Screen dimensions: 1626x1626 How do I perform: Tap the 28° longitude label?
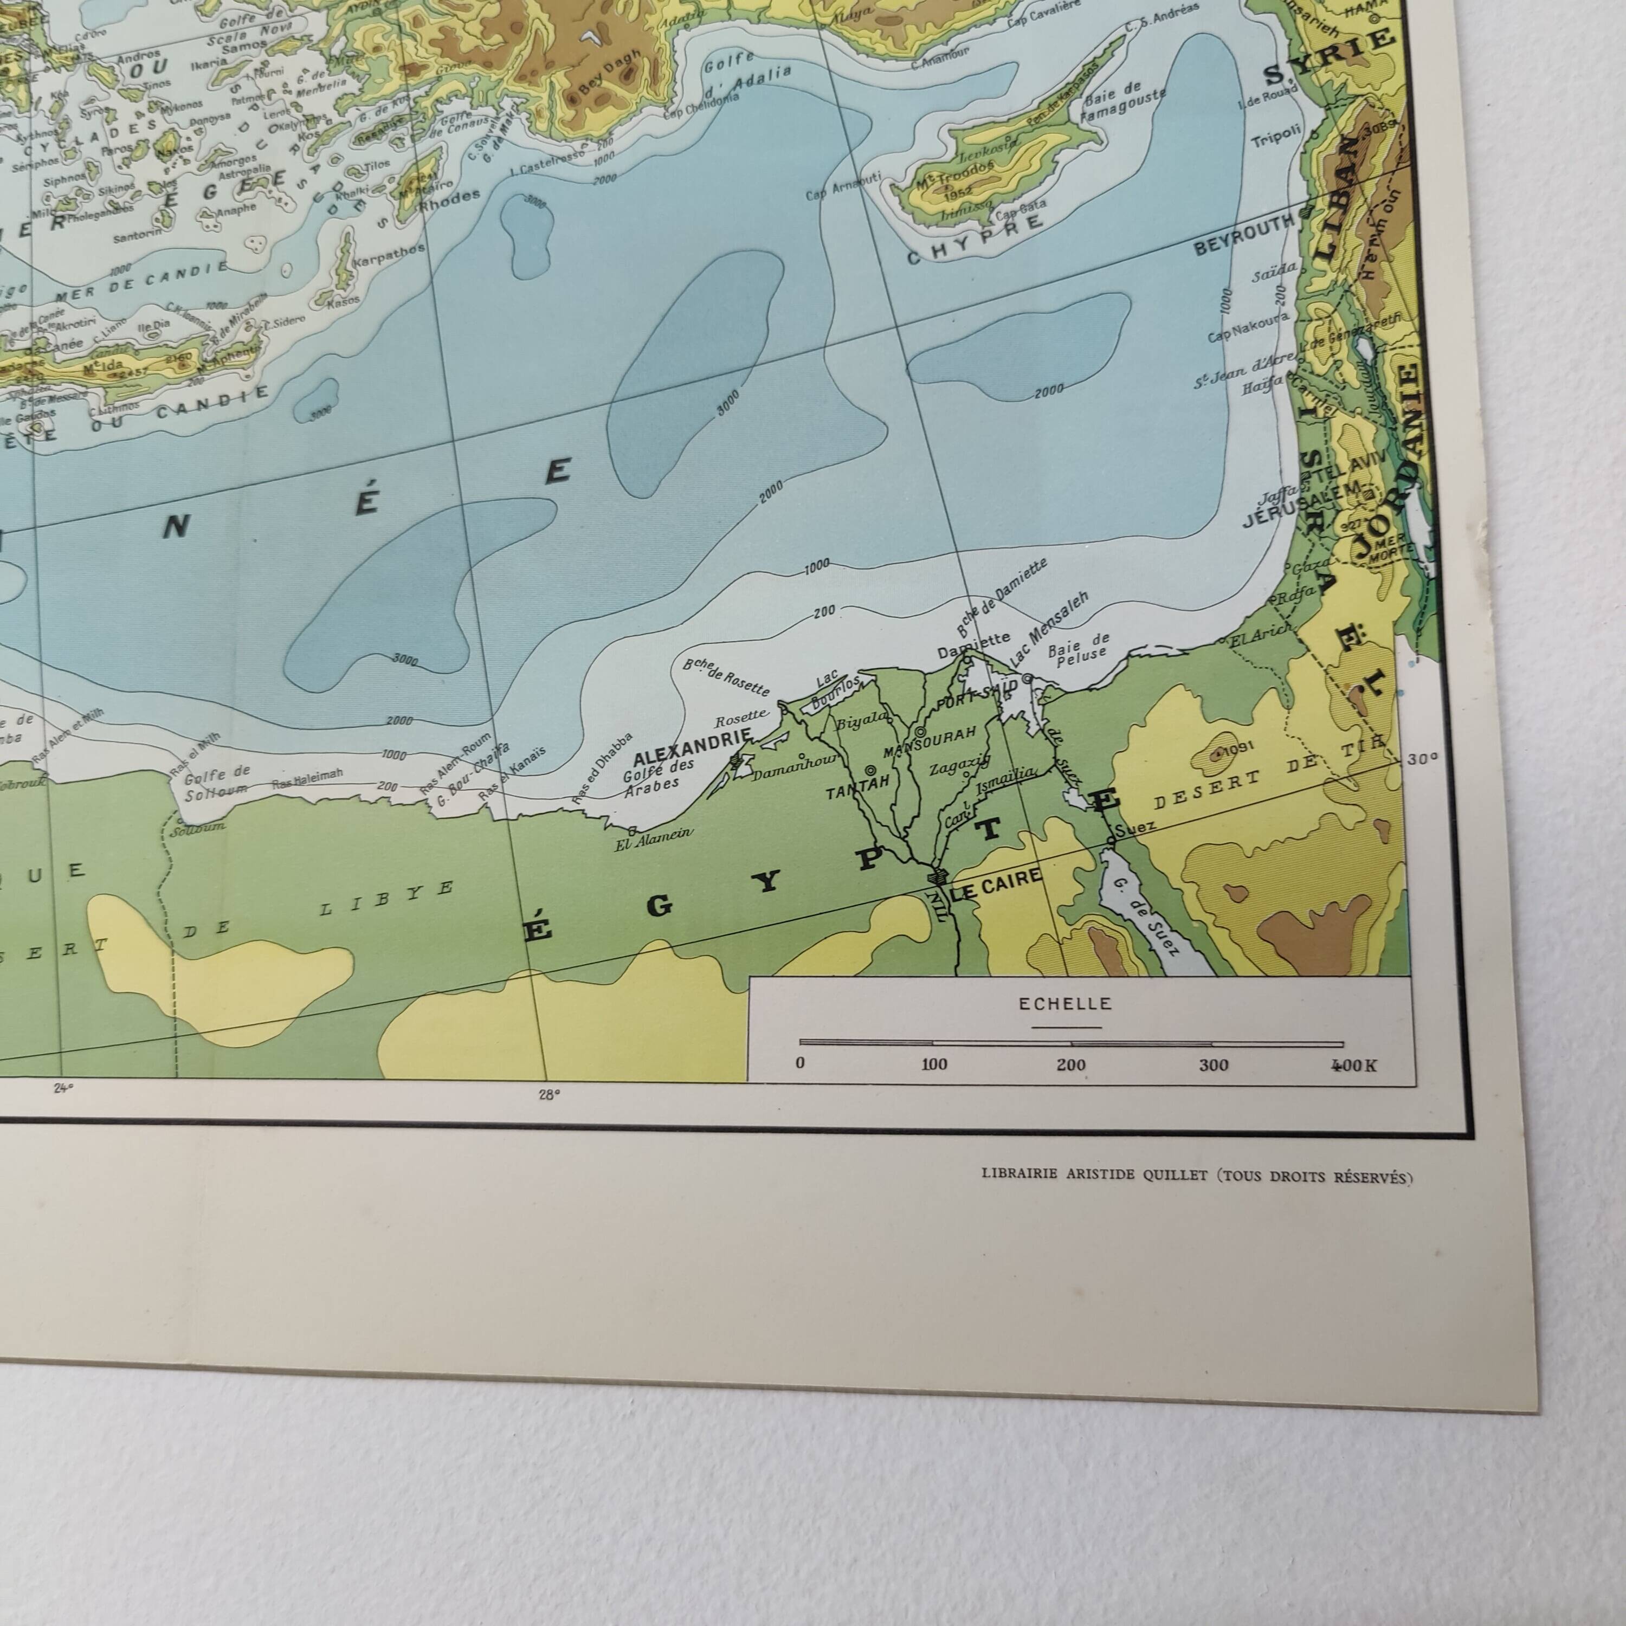point(549,1095)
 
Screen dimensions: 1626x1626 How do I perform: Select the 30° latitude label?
point(1422,758)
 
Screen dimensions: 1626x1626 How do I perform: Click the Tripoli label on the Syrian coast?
point(1277,137)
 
